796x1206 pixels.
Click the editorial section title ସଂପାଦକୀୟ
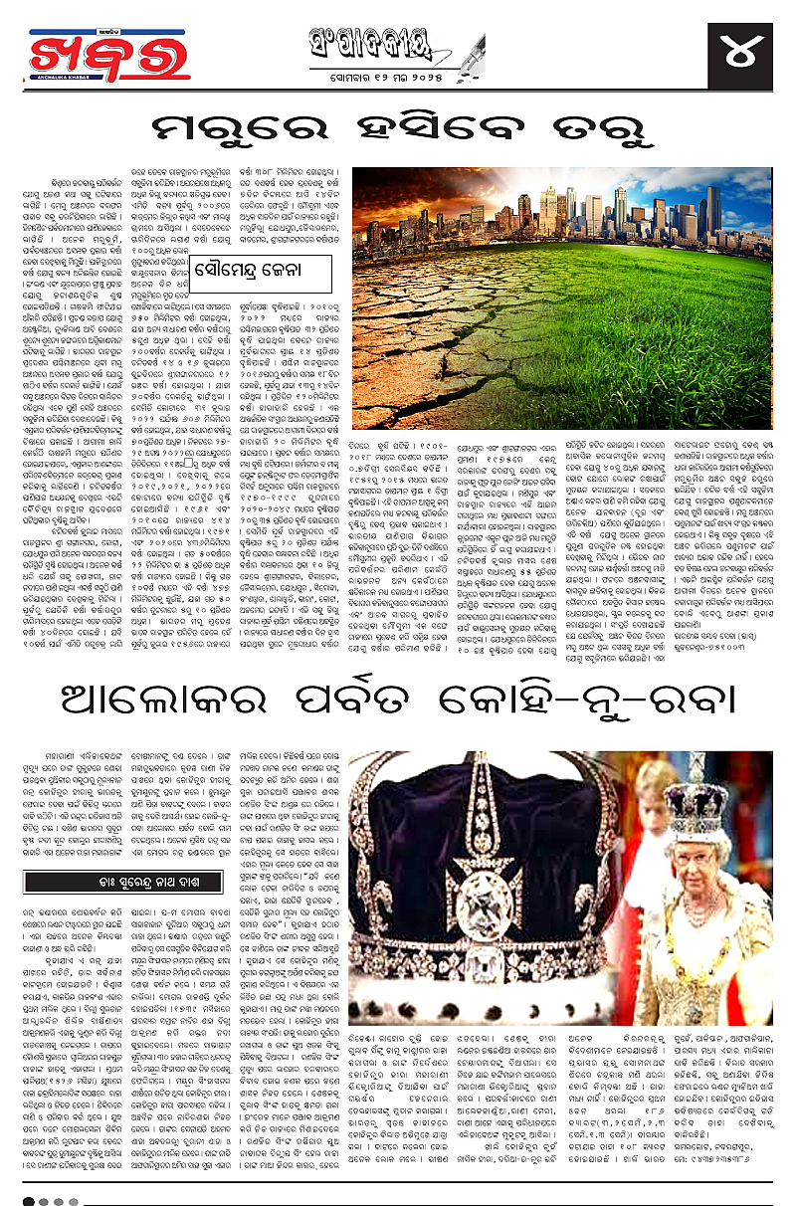click(x=397, y=44)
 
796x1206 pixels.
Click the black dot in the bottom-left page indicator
click(x=29, y=1200)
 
